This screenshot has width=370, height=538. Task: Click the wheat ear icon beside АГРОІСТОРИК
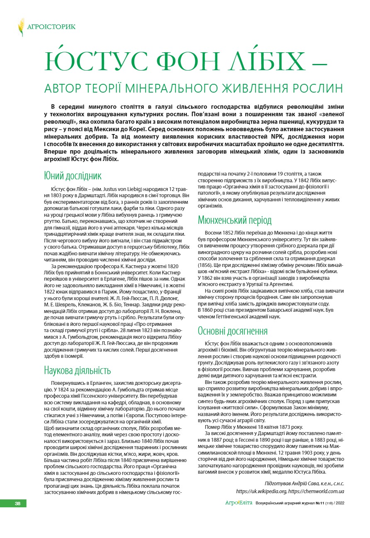click(21, 27)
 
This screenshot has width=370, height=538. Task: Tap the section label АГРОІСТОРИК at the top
click(51, 27)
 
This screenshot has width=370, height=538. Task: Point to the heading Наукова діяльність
click(77, 370)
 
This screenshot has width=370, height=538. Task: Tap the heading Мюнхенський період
click(234, 220)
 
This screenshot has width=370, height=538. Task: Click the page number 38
click(17, 504)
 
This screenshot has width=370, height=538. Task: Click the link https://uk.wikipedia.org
click(260, 491)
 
